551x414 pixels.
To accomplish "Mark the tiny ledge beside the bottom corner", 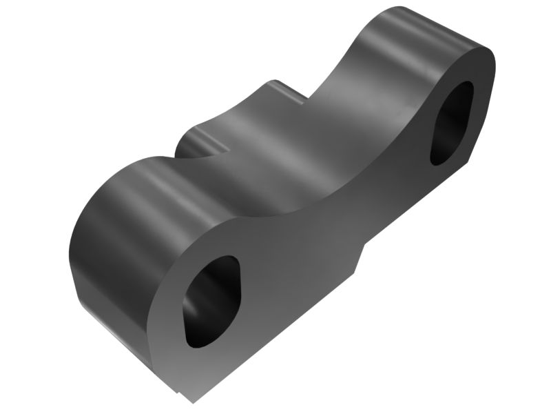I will click(178, 393).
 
